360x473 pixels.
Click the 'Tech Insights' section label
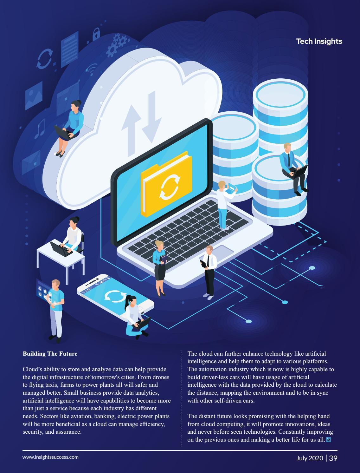pyautogui.click(x=319, y=41)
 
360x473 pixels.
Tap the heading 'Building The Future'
pyautogui.click(x=50, y=353)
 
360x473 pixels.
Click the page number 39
pyautogui.click(x=333, y=458)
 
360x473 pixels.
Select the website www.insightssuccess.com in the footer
pyautogui.click(x=50, y=457)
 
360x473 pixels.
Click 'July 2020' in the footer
pyautogui.click(x=310, y=458)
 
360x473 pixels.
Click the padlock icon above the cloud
pyautogui.click(x=96, y=34)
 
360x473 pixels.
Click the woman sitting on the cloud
pyautogui.click(x=71, y=127)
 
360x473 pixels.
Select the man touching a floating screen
pyautogui.click(x=56, y=309)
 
